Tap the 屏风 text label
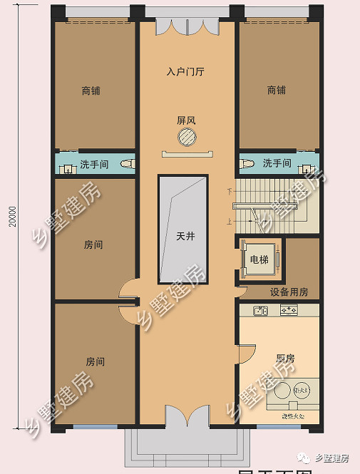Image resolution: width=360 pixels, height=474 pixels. click(x=186, y=120)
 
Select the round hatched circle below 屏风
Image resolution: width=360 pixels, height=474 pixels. click(x=186, y=137)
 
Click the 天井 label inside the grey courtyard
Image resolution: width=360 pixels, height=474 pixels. click(x=185, y=236)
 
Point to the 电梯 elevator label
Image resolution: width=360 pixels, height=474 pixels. click(x=259, y=259)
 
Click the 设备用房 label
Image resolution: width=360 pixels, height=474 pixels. click(x=289, y=292)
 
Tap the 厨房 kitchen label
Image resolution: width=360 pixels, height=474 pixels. click(x=286, y=358)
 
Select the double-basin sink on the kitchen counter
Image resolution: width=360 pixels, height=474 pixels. click(x=259, y=310)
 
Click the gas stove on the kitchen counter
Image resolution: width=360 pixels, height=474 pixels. click(x=289, y=310)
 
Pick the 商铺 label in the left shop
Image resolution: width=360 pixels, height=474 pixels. click(x=91, y=91)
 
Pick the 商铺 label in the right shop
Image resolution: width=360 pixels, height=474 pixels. click(x=276, y=91)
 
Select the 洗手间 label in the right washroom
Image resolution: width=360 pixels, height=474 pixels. click(x=277, y=163)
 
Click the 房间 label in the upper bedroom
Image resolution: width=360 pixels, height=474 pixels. click(x=93, y=244)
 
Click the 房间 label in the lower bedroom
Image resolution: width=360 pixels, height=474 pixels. click(x=95, y=361)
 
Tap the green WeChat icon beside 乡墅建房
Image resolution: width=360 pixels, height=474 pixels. click(x=305, y=457)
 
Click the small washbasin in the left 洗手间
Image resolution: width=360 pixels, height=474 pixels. click(x=68, y=170)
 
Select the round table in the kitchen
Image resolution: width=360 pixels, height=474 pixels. click(x=302, y=389)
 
